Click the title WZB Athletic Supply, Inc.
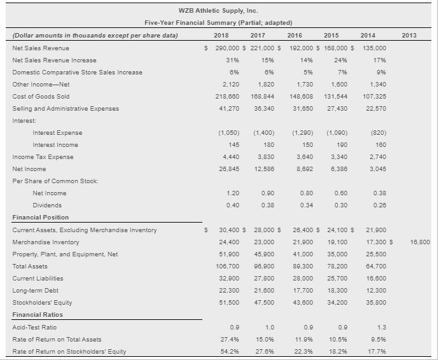coord(219,11)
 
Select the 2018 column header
coord(221,36)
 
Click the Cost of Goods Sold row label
coord(41,96)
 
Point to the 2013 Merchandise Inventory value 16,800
coord(421,242)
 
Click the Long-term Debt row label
coord(35,291)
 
